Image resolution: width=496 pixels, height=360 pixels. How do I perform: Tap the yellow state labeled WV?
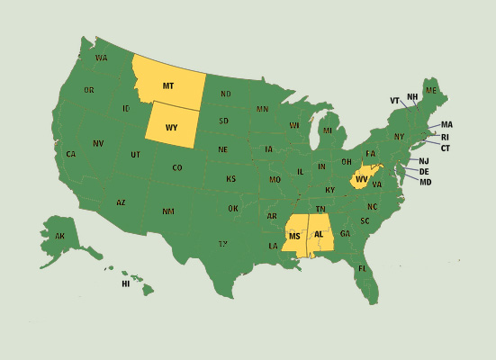tap(361, 178)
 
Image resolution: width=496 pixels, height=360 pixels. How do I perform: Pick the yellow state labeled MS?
tap(294, 236)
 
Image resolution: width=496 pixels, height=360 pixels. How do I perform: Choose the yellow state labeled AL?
tap(320, 234)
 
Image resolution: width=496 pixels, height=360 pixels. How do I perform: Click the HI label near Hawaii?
tap(126, 283)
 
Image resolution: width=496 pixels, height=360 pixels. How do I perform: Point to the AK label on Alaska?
tap(59, 237)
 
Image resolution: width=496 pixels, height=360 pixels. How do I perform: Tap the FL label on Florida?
tap(362, 269)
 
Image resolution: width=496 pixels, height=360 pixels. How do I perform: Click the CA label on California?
tap(70, 154)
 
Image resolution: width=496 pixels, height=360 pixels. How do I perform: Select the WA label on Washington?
tap(101, 58)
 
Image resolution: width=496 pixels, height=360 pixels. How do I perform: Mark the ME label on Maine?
tap(431, 91)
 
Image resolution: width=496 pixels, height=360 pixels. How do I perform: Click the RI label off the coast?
tap(445, 137)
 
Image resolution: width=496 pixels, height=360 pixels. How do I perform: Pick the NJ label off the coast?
tap(424, 161)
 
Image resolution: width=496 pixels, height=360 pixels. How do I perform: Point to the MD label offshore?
tap(425, 183)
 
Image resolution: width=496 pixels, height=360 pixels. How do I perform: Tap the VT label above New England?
tap(394, 100)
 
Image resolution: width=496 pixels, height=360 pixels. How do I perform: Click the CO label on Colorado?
tap(176, 167)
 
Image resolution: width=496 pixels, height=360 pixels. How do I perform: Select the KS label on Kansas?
tap(231, 178)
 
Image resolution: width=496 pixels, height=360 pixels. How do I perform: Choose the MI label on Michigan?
tap(328, 130)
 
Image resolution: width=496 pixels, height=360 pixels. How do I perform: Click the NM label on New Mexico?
tap(168, 211)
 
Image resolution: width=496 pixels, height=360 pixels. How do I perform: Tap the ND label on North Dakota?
tap(225, 94)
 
